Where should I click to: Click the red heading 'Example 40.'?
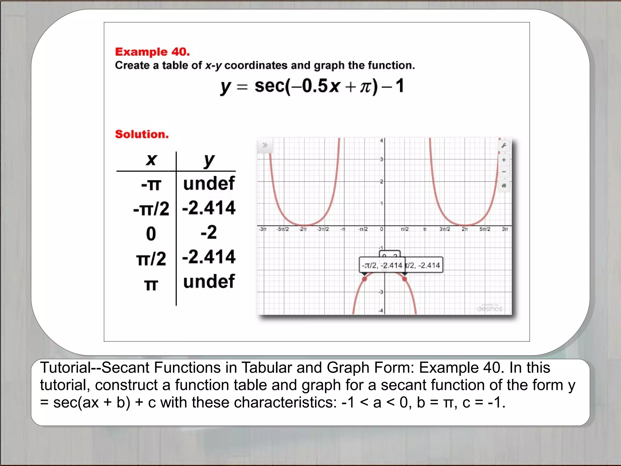[x=152, y=52]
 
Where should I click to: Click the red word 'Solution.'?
[x=142, y=134]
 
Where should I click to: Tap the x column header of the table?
[x=151, y=160]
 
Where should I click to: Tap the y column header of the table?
[x=209, y=160]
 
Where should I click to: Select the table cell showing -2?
[x=209, y=232]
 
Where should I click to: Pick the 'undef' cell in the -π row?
[x=209, y=183]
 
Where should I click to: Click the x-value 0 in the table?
[x=151, y=234]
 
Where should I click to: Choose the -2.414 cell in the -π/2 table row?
[x=209, y=208]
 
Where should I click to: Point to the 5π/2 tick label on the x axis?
[x=485, y=229]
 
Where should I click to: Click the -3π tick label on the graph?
[x=263, y=229]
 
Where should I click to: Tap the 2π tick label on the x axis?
[x=465, y=229]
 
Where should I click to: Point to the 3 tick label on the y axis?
[x=381, y=159]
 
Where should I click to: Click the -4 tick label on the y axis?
[x=381, y=311]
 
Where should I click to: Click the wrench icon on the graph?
[x=504, y=146]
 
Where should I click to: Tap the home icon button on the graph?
[x=504, y=185]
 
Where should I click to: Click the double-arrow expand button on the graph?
[x=265, y=145]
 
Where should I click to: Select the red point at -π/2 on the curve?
[x=364, y=279]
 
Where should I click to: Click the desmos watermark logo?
[x=489, y=309]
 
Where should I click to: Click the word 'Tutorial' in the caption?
[x=65, y=368]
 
